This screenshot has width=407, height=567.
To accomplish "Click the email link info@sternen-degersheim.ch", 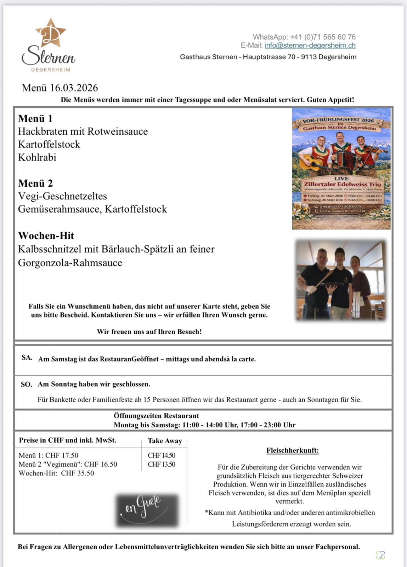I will (310, 45).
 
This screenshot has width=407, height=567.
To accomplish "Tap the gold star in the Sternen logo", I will (51, 33).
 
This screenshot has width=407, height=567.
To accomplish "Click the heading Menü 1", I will (35, 118).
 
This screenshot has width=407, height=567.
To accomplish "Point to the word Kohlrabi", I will (37, 157).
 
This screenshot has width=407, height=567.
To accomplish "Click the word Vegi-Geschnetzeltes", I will (62, 196).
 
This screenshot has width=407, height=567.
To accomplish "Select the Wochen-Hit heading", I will (46, 236).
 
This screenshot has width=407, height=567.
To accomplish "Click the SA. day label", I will (27, 358).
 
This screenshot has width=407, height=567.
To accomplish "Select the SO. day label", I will (26, 384).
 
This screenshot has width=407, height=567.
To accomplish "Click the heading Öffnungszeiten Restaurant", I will (156, 416).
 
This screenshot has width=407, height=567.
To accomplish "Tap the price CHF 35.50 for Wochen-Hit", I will (78, 473).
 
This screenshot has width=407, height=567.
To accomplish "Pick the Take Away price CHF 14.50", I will (162, 455).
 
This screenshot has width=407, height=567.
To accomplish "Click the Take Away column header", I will (165, 441).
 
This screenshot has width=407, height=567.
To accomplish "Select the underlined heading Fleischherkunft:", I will (293, 450).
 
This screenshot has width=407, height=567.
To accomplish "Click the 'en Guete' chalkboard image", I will (147, 510).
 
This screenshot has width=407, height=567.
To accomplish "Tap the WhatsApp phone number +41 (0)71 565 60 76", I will (323, 37).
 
